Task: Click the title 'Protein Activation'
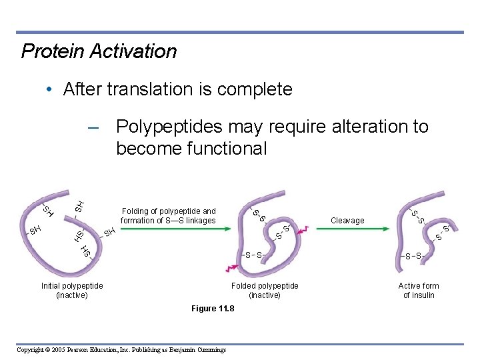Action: coord(99,51)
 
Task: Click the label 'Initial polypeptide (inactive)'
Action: coord(72,291)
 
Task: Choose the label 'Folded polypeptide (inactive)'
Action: coord(265,291)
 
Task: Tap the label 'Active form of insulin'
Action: coord(419,291)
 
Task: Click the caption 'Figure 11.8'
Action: coord(213,309)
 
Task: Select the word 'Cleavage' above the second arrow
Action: coord(347,221)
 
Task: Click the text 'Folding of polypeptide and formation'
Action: coord(168,215)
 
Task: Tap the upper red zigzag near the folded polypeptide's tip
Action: coord(304,229)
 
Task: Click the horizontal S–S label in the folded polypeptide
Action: coord(253,255)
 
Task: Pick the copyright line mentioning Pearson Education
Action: coord(121,350)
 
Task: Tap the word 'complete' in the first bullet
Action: coord(259,89)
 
